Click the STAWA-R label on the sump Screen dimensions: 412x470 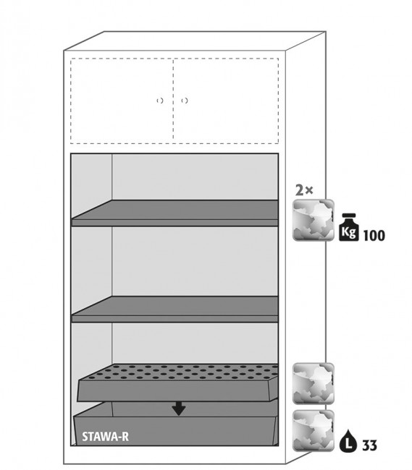[x=105, y=437]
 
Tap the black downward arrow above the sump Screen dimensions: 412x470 [x=179, y=409]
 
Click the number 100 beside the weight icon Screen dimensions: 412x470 [x=374, y=236]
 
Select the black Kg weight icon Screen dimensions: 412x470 [x=349, y=227]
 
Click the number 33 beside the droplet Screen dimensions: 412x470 [x=369, y=445]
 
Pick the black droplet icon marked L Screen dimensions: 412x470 [x=348, y=440]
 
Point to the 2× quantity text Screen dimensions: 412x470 [x=304, y=190]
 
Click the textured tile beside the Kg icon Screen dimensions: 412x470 [x=314, y=220]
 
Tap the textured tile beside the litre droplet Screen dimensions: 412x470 [x=314, y=431]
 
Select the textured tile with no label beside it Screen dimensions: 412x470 [x=314, y=384]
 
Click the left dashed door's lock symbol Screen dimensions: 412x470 [x=160, y=101]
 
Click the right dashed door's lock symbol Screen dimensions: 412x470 [x=185, y=101]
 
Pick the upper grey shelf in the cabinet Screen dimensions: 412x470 [x=175, y=213]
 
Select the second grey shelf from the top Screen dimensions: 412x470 [x=175, y=309]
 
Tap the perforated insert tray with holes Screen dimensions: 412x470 [x=177, y=383]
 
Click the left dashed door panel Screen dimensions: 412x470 [x=122, y=101]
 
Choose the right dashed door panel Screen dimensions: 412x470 [x=226, y=101]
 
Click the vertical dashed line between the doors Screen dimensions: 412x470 [x=173, y=101]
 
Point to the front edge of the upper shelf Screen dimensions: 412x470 [x=175, y=223]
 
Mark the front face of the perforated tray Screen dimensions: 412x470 [x=177, y=391]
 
